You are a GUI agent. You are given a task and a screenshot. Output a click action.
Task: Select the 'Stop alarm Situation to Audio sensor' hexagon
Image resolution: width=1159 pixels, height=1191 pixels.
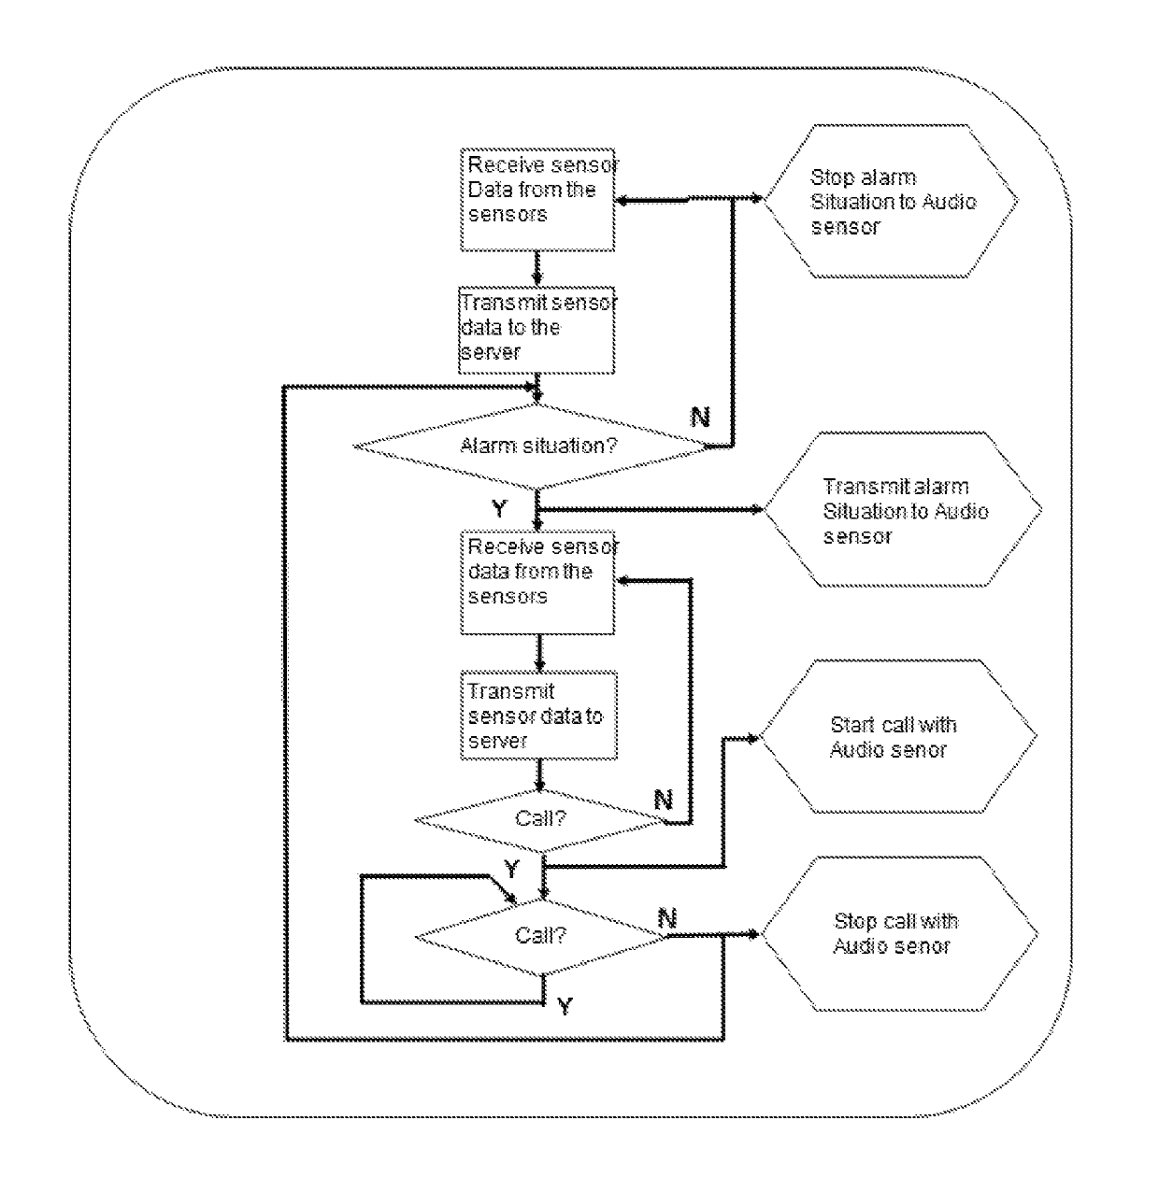891,201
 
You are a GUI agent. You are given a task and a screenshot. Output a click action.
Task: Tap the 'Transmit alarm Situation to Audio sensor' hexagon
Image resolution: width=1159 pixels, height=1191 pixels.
903,509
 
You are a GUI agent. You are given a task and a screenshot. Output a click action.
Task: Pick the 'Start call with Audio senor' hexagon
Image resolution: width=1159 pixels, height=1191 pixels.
898,736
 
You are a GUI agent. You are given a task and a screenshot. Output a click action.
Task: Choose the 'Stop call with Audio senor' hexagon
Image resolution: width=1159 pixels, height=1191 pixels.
899,933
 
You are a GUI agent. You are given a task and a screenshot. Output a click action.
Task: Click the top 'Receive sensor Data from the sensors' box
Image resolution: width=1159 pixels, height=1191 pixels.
537,200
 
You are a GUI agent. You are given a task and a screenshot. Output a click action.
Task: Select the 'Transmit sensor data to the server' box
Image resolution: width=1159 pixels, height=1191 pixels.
537,330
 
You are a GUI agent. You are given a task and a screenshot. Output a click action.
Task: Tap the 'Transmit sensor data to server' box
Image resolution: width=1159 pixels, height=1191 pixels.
538,716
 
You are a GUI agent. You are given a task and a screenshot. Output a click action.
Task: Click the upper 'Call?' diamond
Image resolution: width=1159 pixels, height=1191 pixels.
541,820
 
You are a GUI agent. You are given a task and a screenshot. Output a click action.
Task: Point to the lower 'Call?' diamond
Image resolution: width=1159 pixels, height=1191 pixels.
541,936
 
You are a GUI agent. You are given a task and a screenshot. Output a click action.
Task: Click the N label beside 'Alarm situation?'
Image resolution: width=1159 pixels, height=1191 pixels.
700,417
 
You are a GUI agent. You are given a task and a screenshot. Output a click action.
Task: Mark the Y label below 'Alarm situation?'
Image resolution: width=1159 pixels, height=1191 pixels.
500,508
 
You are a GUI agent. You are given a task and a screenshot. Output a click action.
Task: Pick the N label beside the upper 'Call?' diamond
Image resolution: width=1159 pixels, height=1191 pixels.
664,800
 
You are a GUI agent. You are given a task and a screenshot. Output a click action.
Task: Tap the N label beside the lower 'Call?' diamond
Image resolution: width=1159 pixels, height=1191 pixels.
667,918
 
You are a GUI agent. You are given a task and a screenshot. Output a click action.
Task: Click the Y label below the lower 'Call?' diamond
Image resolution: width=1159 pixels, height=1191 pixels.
565,1006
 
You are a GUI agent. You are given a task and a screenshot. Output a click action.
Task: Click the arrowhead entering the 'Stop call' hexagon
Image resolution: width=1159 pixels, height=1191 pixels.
753,934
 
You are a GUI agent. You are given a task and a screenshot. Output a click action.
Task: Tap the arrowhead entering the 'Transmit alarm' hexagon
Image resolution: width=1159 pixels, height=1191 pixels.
756,509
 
